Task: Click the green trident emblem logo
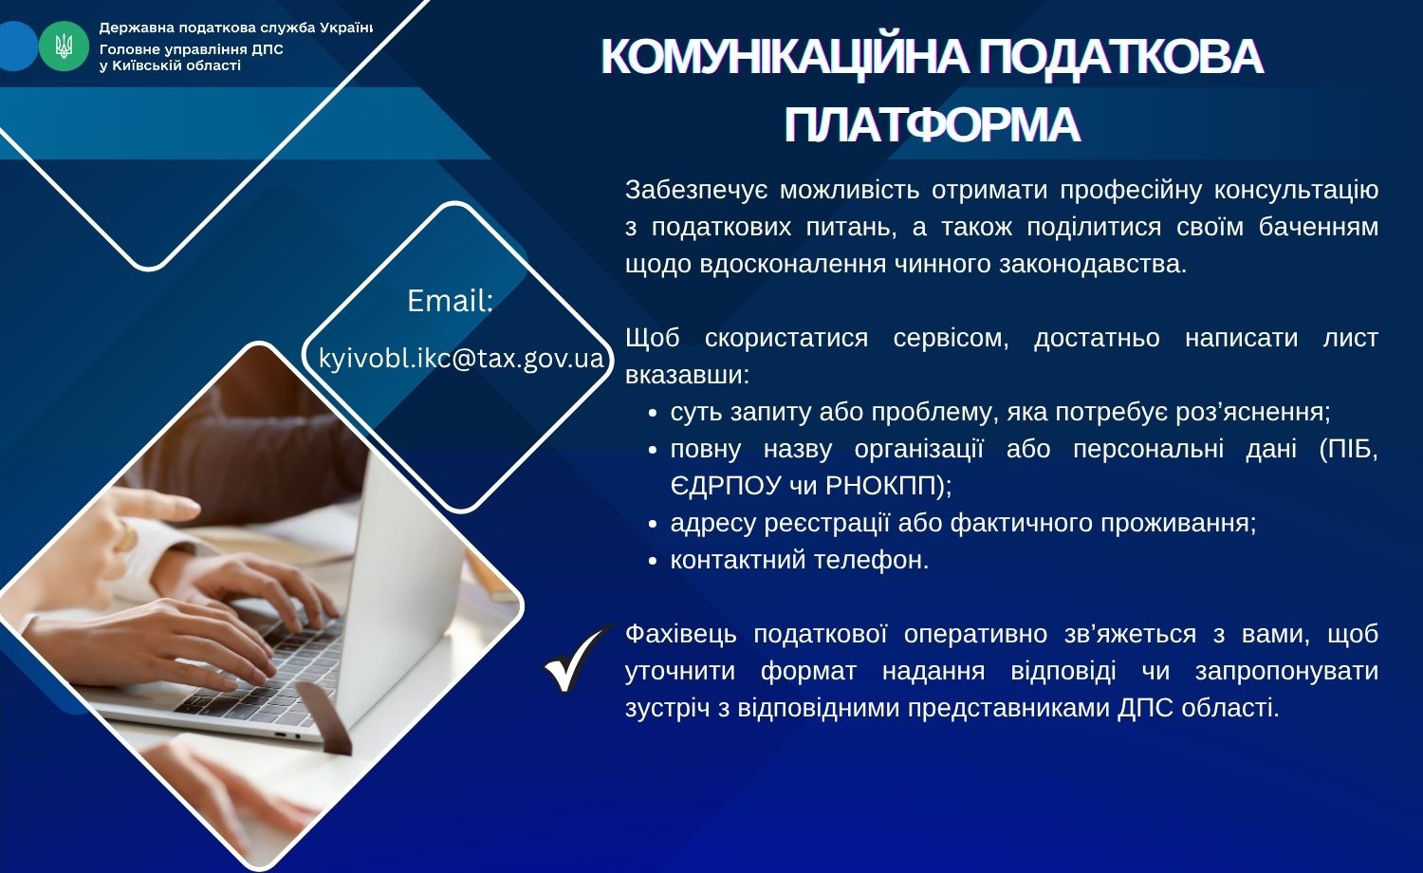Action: click(x=64, y=46)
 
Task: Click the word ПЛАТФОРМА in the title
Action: click(x=932, y=124)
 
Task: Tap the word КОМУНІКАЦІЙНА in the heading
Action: click(x=784, y=57)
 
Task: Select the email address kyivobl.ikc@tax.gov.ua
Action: click(x=460, y=358)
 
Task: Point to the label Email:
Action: click(x=450, y=301)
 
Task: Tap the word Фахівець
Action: click(x=681, y=634)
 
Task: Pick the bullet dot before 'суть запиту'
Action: click(x=652, y=414)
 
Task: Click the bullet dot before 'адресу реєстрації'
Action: click(x=652, y=525)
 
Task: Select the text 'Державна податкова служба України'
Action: click(x=235, y=28)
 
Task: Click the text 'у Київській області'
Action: click(x=170, y=66)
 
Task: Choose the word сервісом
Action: click(x=951, y=339)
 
